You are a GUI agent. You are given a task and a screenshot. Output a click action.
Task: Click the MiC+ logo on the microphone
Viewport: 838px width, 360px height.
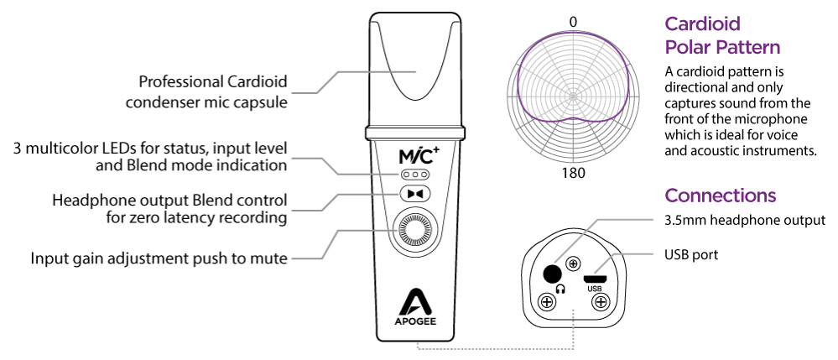[x=414, y=155]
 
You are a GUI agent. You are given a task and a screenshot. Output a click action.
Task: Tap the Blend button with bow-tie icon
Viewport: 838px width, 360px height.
[x=414, y=194]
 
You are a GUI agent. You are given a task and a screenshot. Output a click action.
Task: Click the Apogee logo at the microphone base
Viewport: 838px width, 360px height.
[x=414, y=309]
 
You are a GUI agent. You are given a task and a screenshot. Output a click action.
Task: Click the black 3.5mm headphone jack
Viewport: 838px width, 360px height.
[x=552, y=273]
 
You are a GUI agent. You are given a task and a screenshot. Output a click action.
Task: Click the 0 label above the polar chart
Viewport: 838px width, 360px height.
[x=573, y=22]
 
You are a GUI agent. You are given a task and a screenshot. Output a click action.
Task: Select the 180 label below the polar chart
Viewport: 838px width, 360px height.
[x=573, y=174]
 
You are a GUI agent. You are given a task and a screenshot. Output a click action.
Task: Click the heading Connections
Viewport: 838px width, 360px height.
[x=720, y=196]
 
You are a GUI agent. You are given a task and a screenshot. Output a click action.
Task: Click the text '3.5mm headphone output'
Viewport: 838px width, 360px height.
[x=739, y=221]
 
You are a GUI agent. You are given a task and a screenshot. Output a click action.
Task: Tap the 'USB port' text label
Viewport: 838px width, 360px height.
[x=691, y=253]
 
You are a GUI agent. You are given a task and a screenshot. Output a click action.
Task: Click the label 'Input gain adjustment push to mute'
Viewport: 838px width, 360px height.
[x=159, y=258]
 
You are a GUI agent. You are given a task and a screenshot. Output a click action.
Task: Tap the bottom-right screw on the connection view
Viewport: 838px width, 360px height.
[x=599, y=301]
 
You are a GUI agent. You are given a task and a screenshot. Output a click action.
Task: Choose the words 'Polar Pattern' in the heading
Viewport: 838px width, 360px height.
[x=722, y=48]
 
